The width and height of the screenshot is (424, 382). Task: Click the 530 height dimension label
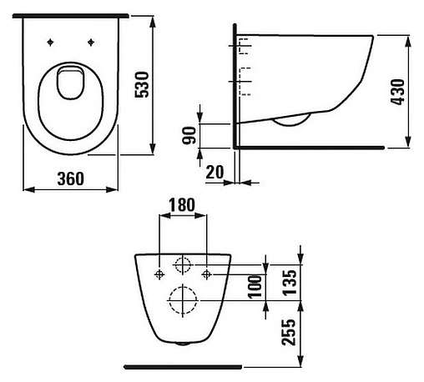(x=165, y=83)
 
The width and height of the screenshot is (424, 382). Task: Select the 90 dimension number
(x=190, y=133)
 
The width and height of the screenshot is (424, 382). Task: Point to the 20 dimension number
(x=214, y=172)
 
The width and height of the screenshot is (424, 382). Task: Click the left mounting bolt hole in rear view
(x=159, y=273)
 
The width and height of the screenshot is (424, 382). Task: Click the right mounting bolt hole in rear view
(x=206, y=273)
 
